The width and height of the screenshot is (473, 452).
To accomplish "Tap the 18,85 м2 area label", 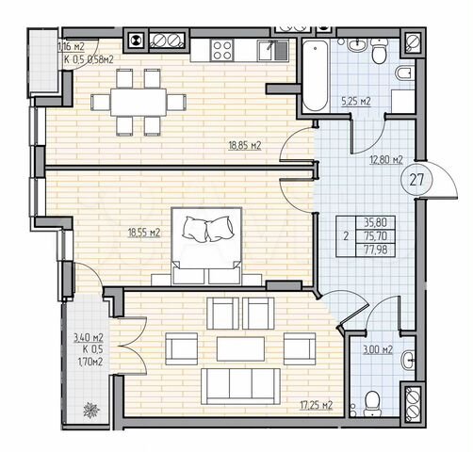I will pos(243,146).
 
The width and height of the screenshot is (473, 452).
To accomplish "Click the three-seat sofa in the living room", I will pos(241,384).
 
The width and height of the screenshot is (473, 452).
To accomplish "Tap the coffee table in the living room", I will pos(242,347).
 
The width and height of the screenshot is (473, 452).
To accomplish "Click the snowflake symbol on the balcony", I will pos(91,411).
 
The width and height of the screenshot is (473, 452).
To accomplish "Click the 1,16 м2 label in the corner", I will pos(70,45).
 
